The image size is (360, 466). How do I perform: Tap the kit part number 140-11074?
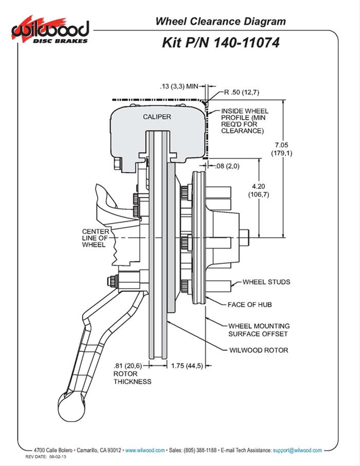(221, 43)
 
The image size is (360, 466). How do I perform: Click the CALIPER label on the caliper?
(156, 117)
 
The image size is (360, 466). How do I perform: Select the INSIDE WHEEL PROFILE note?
(242, 121)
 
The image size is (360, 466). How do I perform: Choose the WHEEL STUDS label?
(266, 282)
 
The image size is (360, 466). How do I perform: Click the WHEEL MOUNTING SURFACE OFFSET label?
(259, 330)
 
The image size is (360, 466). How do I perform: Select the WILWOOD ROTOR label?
(258, 350)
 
